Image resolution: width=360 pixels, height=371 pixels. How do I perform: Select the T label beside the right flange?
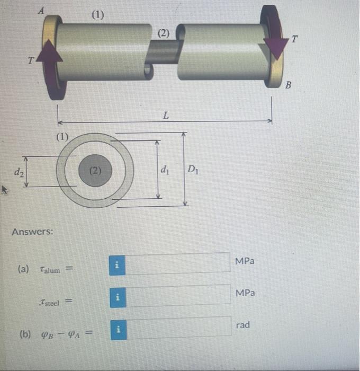[295, 39]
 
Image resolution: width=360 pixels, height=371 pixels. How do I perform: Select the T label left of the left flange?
[32, 60]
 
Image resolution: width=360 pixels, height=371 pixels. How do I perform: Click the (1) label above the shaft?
[98, 14]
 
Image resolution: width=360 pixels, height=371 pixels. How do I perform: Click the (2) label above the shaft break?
[163, 33]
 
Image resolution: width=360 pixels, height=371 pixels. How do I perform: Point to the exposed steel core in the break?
[163, 53]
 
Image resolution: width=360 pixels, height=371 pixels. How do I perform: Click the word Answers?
[32, 232]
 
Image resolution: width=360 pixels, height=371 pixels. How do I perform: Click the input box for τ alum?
[178, 264]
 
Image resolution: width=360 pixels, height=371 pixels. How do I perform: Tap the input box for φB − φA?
[178, 328]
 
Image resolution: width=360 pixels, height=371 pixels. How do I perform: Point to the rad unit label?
[243, 325]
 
